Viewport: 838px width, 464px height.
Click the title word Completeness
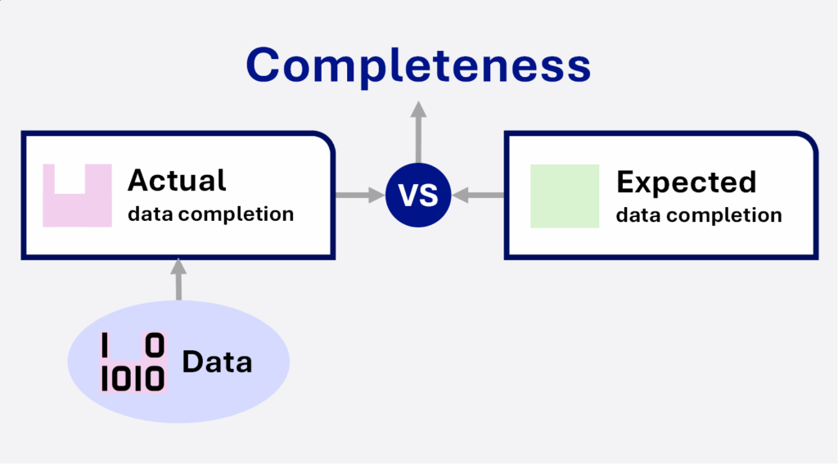coord(418,65)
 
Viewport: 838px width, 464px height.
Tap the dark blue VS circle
coord(418,195)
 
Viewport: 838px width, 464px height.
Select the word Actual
coord(177,180)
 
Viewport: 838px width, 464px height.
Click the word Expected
coord(687,182)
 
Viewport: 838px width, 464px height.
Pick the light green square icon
coord(565,196)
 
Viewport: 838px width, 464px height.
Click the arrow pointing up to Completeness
coord(418,132)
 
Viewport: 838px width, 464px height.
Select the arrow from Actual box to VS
coord(360,195)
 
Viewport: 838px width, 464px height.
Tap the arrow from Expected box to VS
coord(478,195)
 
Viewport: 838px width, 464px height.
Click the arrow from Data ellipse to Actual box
coord(178,279)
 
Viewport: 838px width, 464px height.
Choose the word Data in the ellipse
coord(217,362)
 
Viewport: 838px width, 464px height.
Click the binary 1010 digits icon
coord(133,363)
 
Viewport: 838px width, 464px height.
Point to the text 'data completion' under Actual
coord(210,214)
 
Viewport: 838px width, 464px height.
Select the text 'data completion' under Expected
coord(699,215)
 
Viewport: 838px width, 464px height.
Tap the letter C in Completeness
coord(263,65)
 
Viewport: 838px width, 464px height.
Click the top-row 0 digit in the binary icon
coord(155,345)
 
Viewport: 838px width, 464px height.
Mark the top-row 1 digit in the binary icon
coord(105,345)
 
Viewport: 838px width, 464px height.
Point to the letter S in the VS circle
coord(430,195)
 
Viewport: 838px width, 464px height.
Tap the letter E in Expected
coord(624,182)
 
